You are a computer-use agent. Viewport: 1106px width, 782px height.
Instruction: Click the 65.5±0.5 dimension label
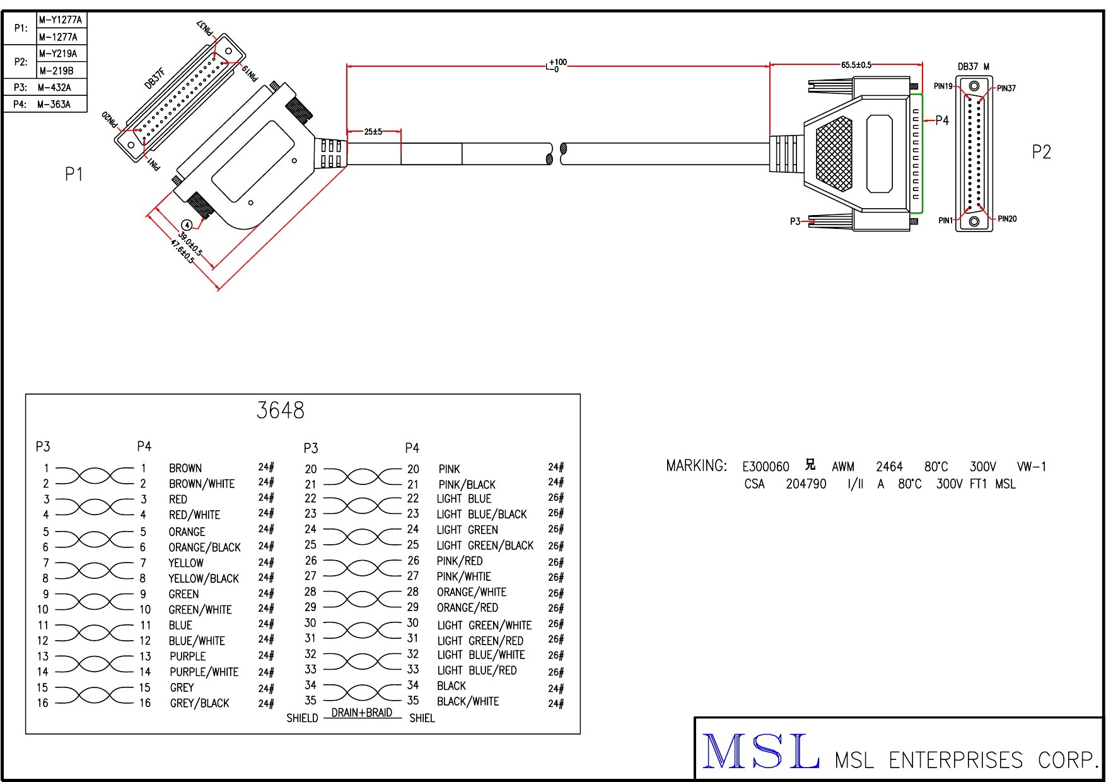coord(856,65)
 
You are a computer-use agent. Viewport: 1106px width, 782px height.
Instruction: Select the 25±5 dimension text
coord(373,132)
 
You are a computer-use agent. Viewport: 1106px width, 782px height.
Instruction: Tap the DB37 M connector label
coord(973,67)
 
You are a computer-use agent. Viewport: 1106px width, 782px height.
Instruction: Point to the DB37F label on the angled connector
coord(155,79)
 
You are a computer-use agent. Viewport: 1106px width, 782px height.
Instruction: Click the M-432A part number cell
coord(54,88)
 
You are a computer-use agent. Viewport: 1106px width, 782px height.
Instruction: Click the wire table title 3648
coord(280,411)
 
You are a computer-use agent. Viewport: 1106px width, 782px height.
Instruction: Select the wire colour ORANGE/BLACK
coord(204,547)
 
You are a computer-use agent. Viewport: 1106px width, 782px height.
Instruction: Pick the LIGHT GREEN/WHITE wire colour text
coord(484,625)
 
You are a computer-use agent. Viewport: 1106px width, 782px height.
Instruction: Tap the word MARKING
coord(696,466)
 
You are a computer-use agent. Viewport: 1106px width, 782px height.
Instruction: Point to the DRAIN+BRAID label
coord(362,713)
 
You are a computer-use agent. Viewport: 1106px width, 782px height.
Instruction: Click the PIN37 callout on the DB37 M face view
coord(1006,88)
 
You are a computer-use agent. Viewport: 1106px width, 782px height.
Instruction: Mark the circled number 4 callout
coord(187,225)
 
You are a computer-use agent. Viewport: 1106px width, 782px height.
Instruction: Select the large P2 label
coord(1041,152)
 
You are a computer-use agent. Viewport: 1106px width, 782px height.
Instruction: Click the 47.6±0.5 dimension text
coord(182,250)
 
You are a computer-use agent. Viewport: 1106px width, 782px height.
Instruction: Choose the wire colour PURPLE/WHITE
coord(204,672)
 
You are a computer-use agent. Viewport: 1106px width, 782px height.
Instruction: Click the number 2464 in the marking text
coord(889,467)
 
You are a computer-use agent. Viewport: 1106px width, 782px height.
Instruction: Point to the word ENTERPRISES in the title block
coord(955,760)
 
